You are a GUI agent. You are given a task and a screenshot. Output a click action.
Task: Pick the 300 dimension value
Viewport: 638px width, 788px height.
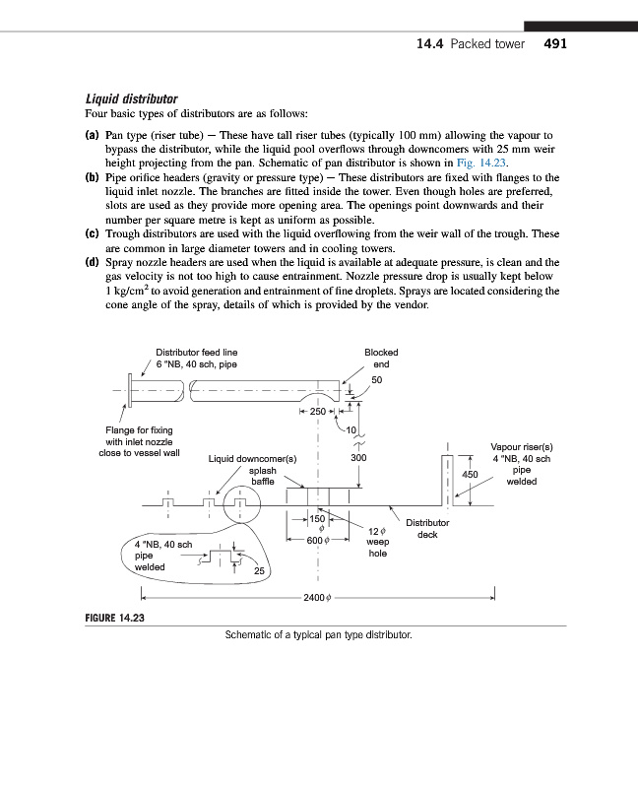[x=358, y=458]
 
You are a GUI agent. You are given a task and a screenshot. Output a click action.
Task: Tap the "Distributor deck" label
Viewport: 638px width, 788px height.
[x=427, y=529]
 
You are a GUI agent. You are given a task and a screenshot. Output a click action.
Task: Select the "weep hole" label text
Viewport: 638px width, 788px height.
[x=377, y=548]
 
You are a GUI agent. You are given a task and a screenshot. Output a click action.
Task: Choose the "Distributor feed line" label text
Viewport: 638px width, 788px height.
[x=196, y=352]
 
